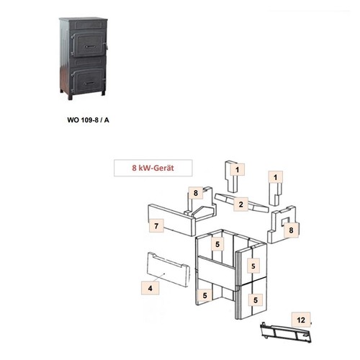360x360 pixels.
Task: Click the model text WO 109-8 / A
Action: [x=88, y=120]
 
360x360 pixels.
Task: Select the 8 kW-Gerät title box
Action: [x=153, y=168]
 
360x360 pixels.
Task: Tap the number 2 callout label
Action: [x=241, y=204]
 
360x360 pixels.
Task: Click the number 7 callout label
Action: [x=156, y=226]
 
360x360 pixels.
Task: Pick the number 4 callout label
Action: [x=150, y=288]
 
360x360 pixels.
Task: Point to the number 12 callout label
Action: [x=301, y=320]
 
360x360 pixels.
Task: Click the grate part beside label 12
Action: [x=286, y=333]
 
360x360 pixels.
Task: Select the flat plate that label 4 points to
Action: [x=168, y=269]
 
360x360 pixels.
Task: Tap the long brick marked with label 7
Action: [x=172, y=220]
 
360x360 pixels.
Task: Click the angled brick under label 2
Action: [x=241, y=203]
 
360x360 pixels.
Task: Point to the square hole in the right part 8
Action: [x=285, y=221]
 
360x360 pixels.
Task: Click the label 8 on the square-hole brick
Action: [x=291, y=230]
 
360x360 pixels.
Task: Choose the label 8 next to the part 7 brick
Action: [x=196, y=193]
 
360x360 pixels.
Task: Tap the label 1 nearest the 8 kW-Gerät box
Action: [x=237, y=170]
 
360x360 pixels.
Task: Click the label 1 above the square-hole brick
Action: [x=276, y=177]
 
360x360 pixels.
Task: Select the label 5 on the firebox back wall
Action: [x=217, y=244]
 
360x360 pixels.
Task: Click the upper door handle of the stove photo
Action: [x=90, y=47]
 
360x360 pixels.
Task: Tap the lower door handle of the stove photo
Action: [x=90, y=83]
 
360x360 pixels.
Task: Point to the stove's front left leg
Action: [x=70, y=96]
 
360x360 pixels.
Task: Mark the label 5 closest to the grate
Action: [x=256, y=300]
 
